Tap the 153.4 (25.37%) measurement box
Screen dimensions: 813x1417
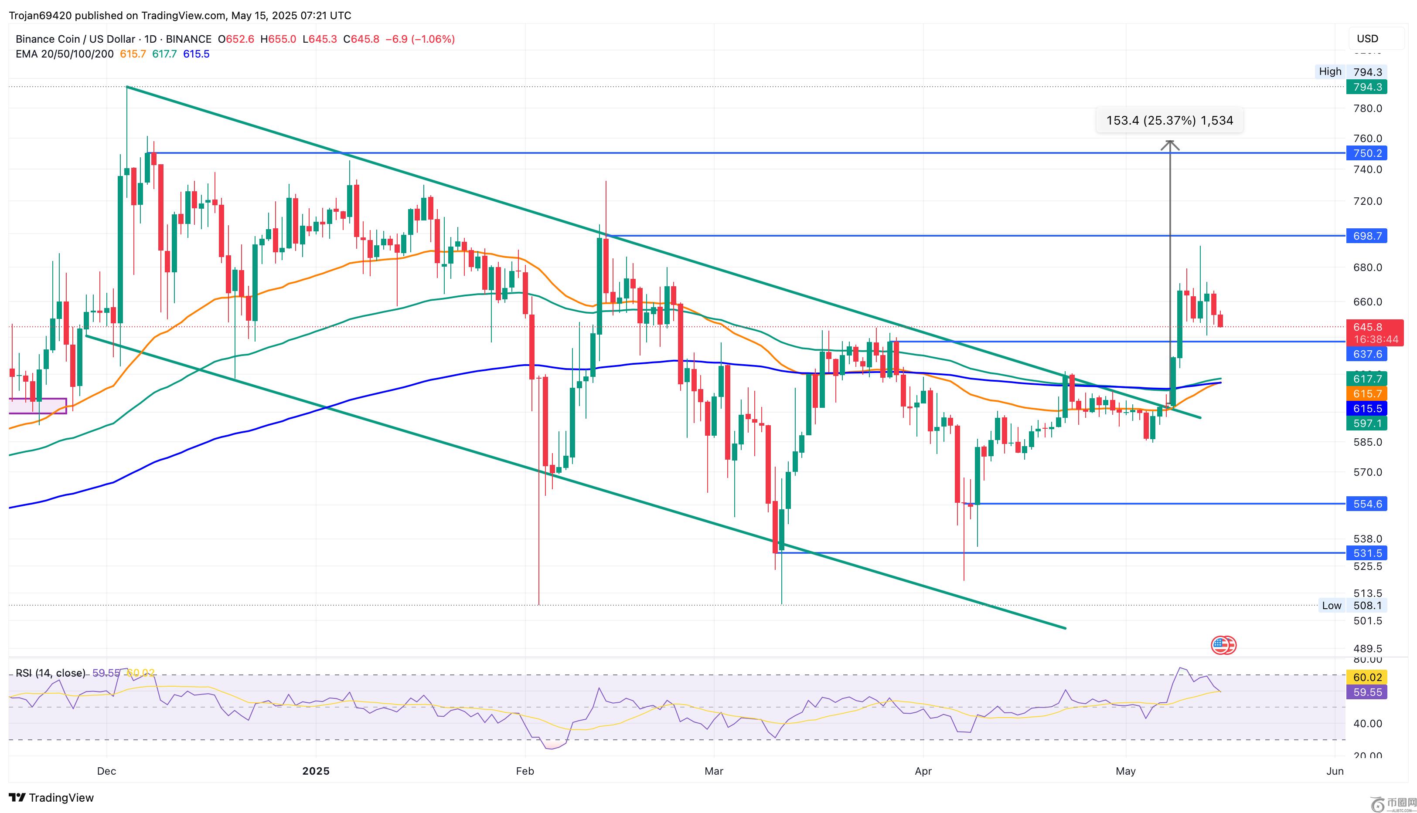click(1169, 120)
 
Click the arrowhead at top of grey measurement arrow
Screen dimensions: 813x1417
click(1169, 145)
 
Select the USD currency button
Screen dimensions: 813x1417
click(1367, 38)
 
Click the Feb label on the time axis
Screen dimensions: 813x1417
click(525, 771)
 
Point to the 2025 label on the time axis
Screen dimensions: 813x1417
click(316, 771)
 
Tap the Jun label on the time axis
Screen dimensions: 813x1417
click(1334, 771)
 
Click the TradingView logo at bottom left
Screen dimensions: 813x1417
click(51, 797)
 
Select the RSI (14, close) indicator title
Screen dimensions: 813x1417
click(50, 673)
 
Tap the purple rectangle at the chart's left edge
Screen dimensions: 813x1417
click(37, 406)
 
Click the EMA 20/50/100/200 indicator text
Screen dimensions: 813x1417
click(64, 54)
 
